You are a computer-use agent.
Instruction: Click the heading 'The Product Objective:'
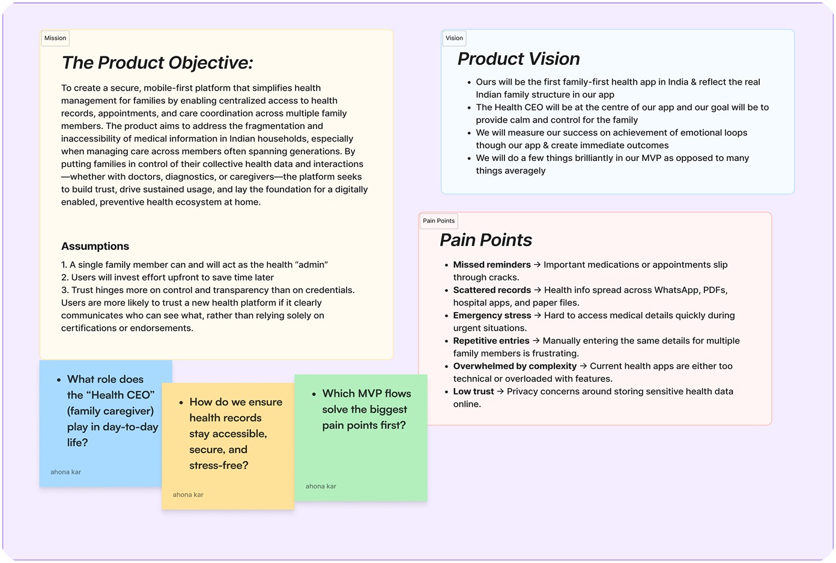(x=157, y=63)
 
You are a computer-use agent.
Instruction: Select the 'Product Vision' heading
(x=518, y=59)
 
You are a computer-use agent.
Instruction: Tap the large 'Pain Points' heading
(x=485, y=240)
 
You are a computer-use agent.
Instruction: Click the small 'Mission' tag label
(x=55, y=38)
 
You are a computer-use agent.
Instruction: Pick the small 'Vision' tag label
(x=454, y=38)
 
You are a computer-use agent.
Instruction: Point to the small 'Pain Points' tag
(x=438, y=221)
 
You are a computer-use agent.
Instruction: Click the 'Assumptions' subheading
(x=95, y=246)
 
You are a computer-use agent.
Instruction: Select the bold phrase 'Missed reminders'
(x=492, y=265)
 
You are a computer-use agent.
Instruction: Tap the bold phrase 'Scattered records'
(x=492, y=290)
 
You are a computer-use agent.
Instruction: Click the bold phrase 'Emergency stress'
(x=492, y=315)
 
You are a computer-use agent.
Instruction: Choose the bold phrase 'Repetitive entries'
(x=491, y=340)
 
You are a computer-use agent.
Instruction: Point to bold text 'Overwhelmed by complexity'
(x=515, y=366)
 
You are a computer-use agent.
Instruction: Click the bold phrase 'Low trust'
(x=473, y=391)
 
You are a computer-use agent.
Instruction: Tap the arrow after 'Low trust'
(x=500, y=391)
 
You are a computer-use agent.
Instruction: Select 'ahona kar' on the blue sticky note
(x=65, y=472)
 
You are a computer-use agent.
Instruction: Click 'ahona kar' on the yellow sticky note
(x=188, y=495)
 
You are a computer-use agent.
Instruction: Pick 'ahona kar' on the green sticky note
(x=321, y=487)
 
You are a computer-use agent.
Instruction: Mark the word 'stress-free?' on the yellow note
(x=219, y=465)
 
